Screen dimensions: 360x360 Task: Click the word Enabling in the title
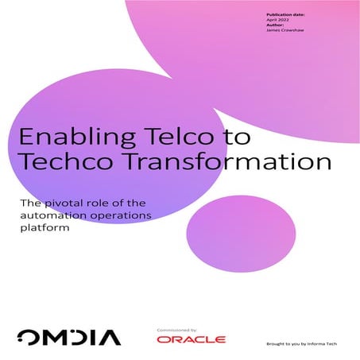pyautogui.click(x=66, y=136)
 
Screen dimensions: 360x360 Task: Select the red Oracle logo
pyautogui.click(x=191, y=339)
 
